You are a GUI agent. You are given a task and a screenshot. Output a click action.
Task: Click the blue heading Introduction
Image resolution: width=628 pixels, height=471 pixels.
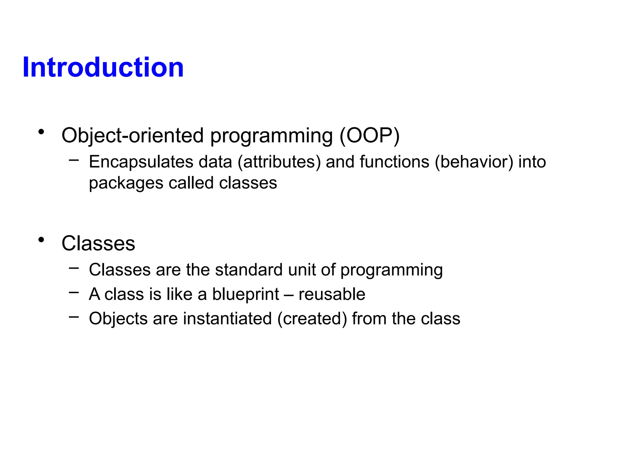103,67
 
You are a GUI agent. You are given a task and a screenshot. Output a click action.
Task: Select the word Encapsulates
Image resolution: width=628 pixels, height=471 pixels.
141,162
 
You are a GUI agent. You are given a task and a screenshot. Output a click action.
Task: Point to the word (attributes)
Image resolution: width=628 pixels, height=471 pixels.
279,162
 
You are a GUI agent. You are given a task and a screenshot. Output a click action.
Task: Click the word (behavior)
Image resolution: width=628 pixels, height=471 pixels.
474,162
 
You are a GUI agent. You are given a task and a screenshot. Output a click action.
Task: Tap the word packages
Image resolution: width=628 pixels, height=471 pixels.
126,183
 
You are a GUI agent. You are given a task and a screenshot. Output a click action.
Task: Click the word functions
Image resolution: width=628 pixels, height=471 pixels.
394,162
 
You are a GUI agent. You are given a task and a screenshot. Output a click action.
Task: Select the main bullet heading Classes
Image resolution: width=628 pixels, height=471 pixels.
98,243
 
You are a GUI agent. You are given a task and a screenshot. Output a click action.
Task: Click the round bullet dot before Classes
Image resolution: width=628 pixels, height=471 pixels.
41,240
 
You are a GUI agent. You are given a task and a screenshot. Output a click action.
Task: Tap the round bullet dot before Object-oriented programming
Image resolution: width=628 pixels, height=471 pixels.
41,132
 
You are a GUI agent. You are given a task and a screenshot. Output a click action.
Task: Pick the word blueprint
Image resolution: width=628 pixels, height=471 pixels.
246,294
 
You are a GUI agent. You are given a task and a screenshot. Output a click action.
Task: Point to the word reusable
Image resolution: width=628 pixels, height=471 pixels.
332,294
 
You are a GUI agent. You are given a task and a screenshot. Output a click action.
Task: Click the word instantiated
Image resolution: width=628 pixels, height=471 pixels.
227,319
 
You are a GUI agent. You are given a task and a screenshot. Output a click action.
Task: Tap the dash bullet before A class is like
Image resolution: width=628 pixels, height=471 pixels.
74,293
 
